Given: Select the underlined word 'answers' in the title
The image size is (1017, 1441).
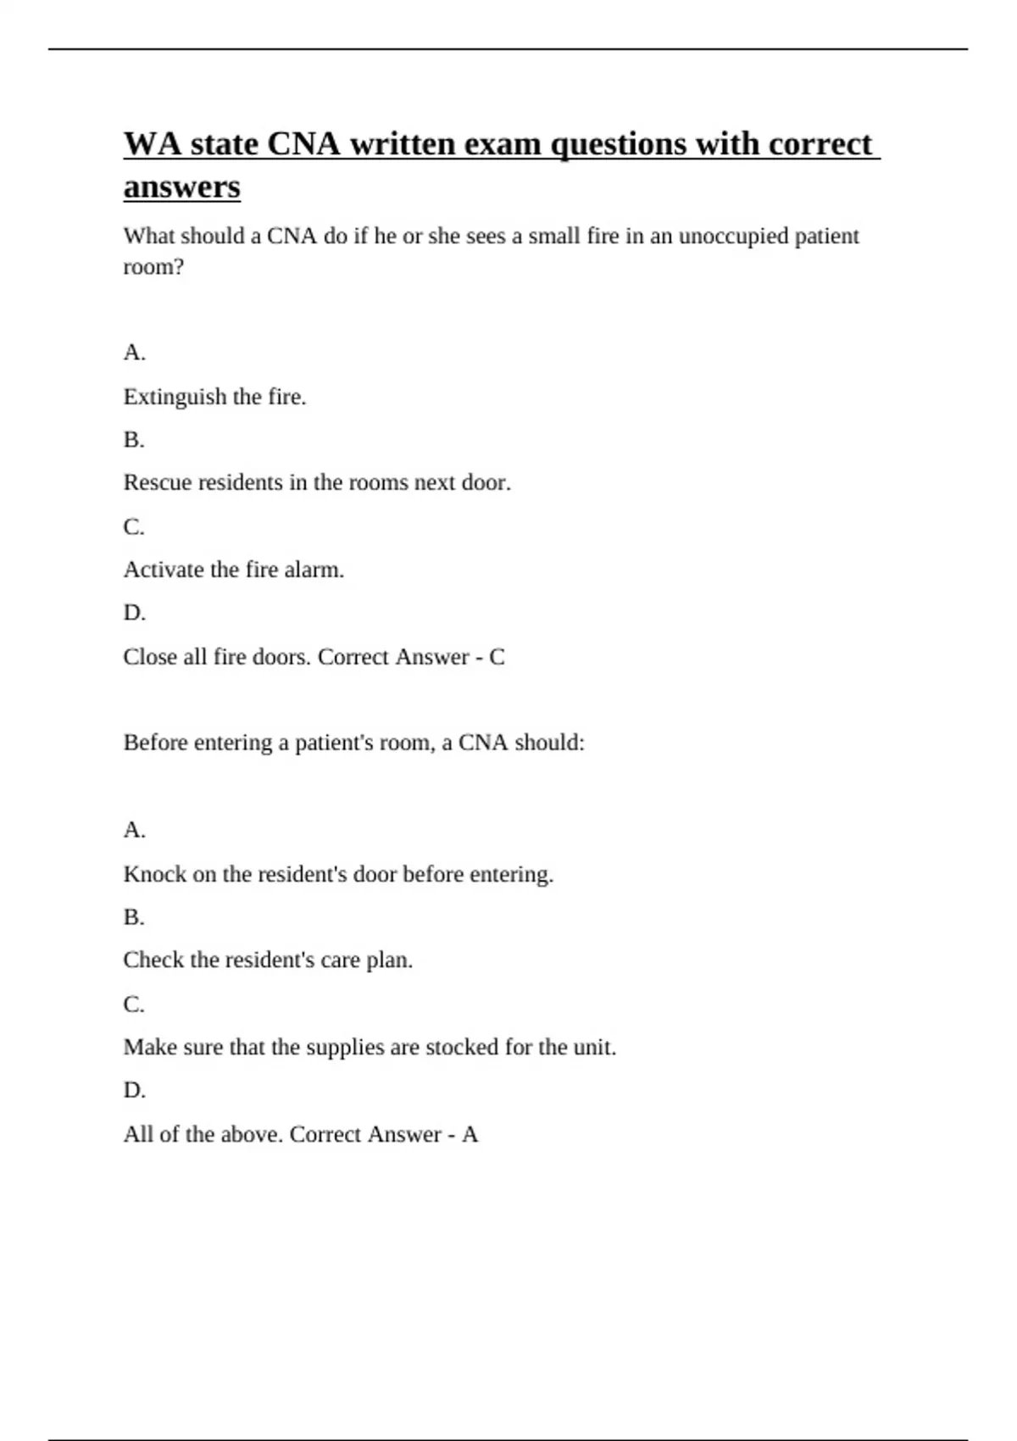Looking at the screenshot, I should pyautogui.click(x=181, y=186).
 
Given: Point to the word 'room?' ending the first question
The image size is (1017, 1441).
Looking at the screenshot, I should pyautogui.click(x=153, y=267).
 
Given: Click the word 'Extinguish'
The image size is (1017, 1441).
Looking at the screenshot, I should pyautogui.click(x=175, y=397).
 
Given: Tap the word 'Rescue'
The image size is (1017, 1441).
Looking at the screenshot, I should pyautogui.click(x=157, y=482).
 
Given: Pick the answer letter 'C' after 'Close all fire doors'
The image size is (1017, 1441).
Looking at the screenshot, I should pyautogui.click(x=497, y=657).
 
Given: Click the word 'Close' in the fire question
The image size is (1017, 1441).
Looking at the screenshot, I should pyautogui.click(x=150, y=657).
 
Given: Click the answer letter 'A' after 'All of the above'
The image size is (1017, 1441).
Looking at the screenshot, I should pyautogui.click(x=470, y=1134).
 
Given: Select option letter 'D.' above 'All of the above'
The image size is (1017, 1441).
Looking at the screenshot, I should pyautogui.click(x=134, y=1090).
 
